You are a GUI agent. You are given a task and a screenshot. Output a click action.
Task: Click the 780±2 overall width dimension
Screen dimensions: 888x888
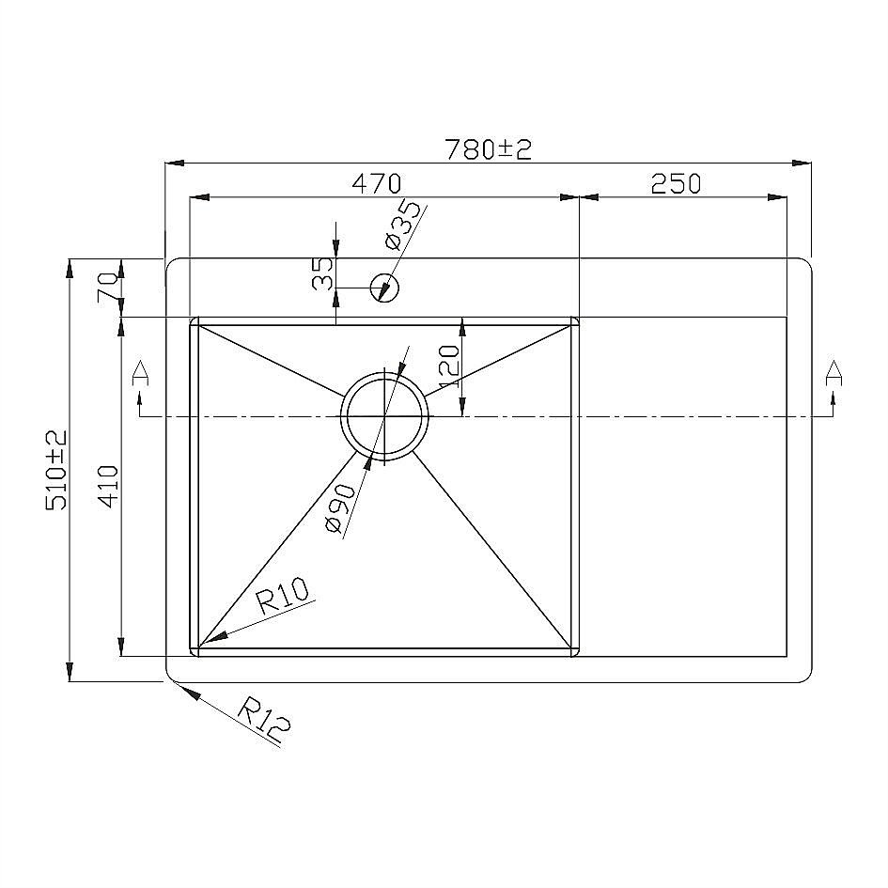tap(489, 149)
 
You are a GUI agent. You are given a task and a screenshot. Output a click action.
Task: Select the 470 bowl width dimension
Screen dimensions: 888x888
tap(377, 183)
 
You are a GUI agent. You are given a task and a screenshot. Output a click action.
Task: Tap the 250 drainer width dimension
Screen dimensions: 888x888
tap(676, 183)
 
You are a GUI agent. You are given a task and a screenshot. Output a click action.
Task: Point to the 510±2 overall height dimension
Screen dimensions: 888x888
tap(56, 470)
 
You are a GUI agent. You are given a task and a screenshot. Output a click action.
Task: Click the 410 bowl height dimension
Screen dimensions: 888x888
tap(108, 486)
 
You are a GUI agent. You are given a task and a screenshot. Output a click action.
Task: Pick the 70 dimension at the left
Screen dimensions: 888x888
tap(108, 288)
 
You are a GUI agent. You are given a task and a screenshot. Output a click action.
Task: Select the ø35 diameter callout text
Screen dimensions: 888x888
tap(403, 225)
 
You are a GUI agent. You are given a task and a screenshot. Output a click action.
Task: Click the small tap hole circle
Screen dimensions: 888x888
tap(385, 288)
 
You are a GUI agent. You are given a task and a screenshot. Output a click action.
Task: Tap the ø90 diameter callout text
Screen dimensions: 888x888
tap(341, 508)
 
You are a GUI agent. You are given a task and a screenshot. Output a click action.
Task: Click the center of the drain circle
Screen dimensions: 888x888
tap(385, 416)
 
